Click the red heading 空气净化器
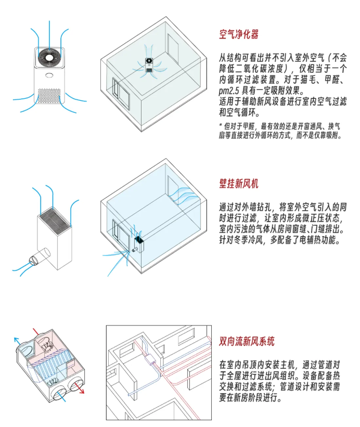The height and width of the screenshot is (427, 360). (239, 35)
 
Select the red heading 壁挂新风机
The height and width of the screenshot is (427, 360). (239, 184)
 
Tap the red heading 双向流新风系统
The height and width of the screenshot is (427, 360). (247, 341)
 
